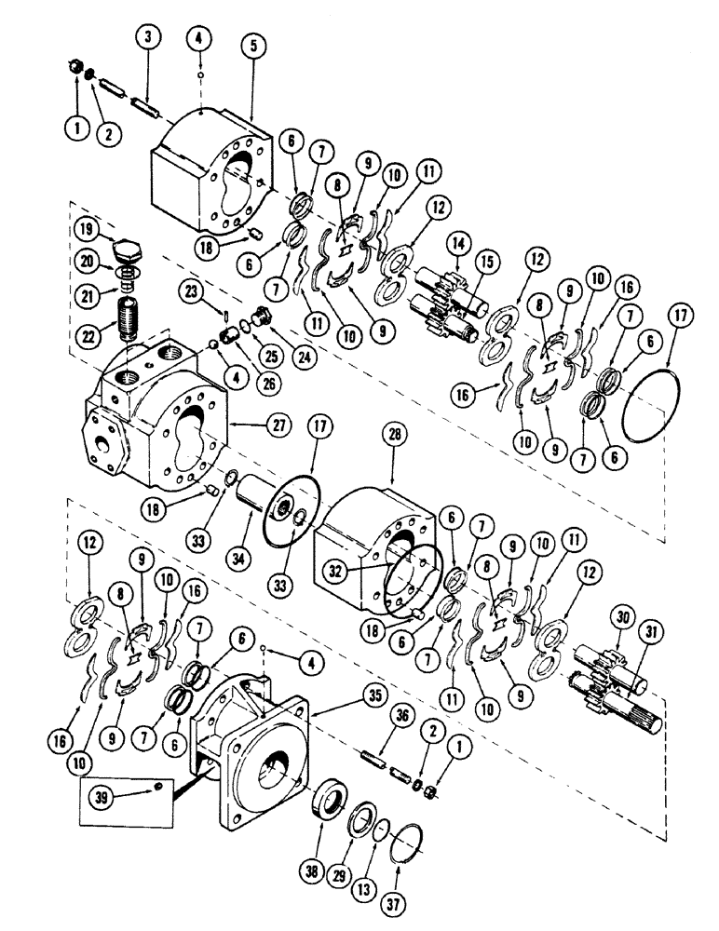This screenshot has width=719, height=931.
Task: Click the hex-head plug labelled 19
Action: (x=129, y=252)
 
